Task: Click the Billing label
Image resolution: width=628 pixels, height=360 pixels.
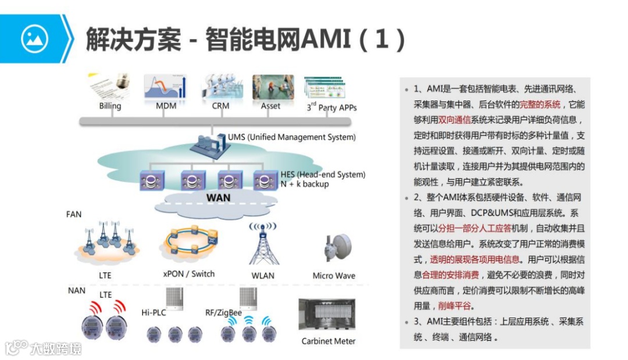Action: (110, 106)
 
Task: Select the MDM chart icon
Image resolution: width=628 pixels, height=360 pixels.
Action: (166, 86)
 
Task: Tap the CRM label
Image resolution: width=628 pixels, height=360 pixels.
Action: (220, 106)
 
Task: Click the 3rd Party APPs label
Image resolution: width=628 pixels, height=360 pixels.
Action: (331, 107)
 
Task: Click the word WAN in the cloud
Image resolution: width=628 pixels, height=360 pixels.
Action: (219, 198)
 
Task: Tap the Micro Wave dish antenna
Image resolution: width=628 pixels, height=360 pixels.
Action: (337, 247)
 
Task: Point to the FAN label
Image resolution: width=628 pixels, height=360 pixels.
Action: (74, 214)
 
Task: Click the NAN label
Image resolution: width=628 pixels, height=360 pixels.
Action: (76, 290)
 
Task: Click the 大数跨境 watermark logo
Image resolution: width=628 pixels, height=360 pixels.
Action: (44, 347)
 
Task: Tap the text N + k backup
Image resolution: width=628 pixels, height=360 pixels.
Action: (305, 184)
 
